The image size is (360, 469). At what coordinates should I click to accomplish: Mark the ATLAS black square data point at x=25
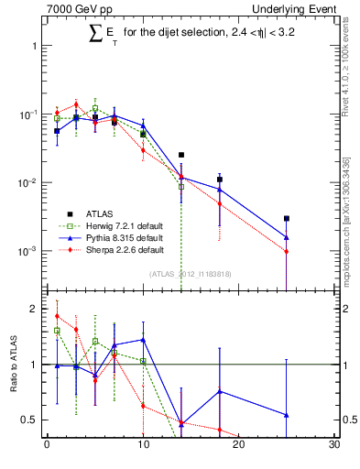287,219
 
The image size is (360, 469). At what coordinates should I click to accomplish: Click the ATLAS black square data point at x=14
181,155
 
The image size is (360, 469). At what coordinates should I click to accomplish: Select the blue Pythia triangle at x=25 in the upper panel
287,237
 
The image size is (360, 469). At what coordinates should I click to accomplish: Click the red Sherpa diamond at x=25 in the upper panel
287,251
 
